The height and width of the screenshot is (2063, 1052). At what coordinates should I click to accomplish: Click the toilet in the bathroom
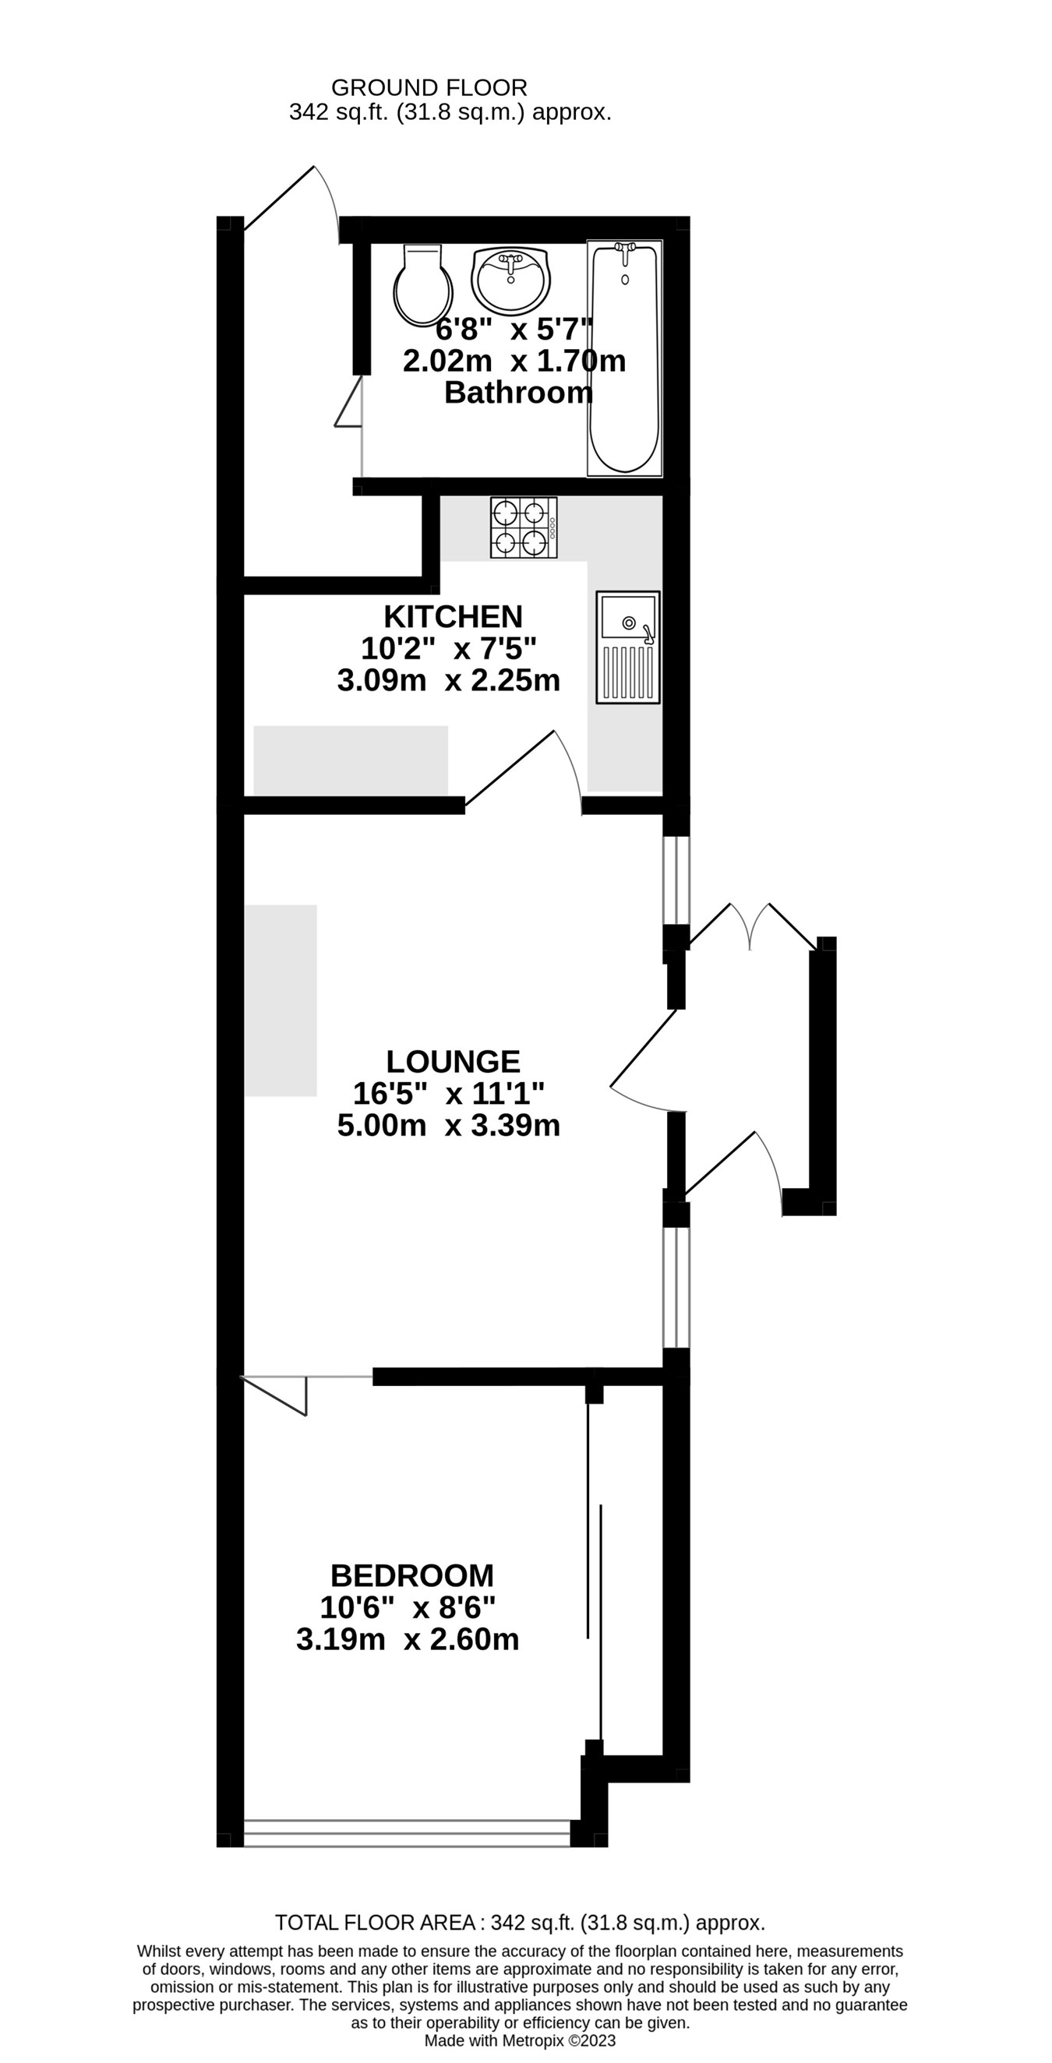422,287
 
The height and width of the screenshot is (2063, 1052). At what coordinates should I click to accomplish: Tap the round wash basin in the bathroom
510,280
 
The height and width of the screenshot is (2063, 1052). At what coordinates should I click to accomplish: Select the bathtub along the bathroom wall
624,358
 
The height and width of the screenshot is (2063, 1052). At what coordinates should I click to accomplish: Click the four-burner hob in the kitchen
523,527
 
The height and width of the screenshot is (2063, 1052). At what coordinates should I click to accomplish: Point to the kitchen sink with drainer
627,648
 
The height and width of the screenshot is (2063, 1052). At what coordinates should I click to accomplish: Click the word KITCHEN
453,617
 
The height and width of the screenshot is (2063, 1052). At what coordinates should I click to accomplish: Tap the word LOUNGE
453,1062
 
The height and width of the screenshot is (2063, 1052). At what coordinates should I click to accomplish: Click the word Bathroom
517,393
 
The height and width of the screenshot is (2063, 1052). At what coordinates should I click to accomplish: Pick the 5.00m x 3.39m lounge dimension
448,1125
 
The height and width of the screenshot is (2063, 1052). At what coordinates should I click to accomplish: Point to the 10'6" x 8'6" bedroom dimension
407,1607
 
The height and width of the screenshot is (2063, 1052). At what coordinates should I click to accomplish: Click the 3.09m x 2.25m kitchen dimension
448,681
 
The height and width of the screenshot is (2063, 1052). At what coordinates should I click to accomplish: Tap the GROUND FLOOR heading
429,87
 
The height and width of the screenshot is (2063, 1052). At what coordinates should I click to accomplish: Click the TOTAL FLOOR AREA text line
519,1923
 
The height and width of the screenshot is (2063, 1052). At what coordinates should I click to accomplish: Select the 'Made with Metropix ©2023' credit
519,2041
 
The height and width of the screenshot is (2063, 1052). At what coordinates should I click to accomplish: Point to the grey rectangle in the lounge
281,1000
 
